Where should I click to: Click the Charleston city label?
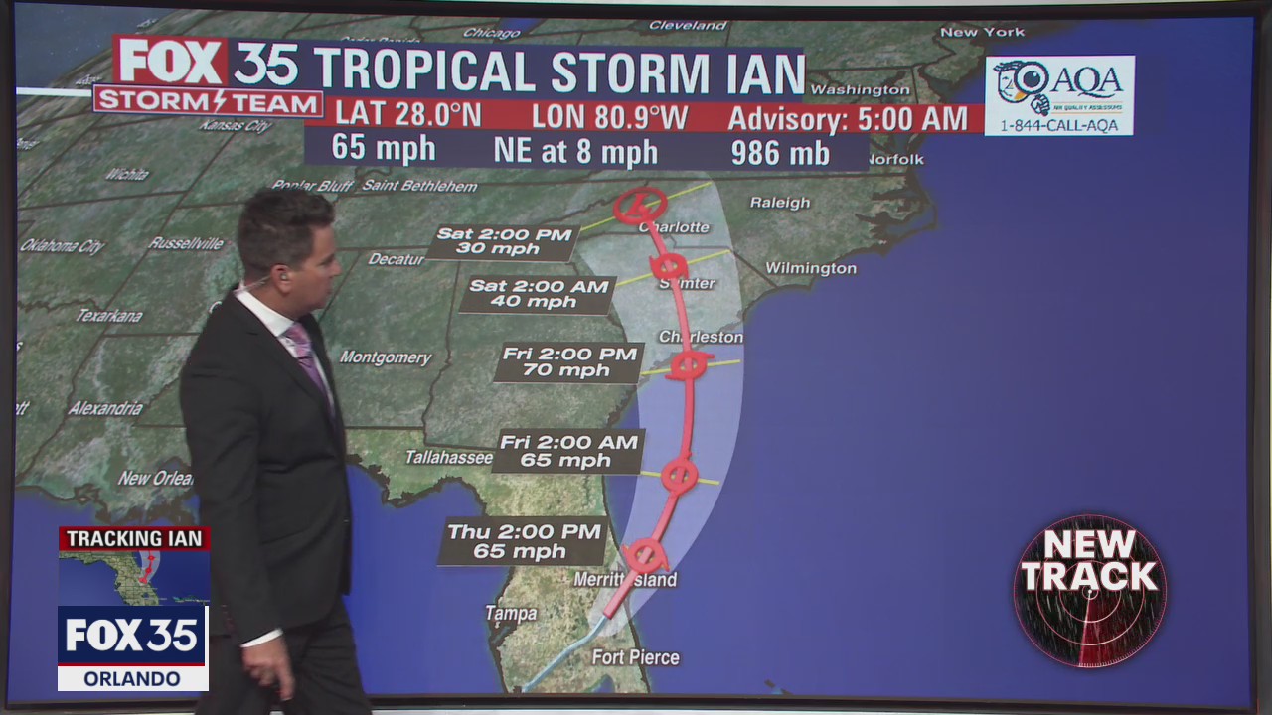coord(701,337)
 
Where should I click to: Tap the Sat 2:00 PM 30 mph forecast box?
coord(505,241)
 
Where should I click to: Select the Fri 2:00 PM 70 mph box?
coord(569,362)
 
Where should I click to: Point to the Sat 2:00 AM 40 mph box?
coord(538,294)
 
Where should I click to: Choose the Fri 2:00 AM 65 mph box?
coord(568,451)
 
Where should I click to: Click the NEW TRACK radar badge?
coord(1089,591)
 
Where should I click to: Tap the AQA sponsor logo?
coord(1059,95)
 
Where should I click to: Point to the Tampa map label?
coord(511,614)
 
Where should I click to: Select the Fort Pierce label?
coord(635,657)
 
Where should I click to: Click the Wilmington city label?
coord(810,268)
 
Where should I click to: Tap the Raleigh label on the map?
coord(780,203)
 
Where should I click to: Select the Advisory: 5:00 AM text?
coord(848,119)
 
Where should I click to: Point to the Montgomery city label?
coord(386,357)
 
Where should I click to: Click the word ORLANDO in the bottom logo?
coord(132,679)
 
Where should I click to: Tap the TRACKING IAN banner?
coord(133,539)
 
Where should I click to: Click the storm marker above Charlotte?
coord(640,205)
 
